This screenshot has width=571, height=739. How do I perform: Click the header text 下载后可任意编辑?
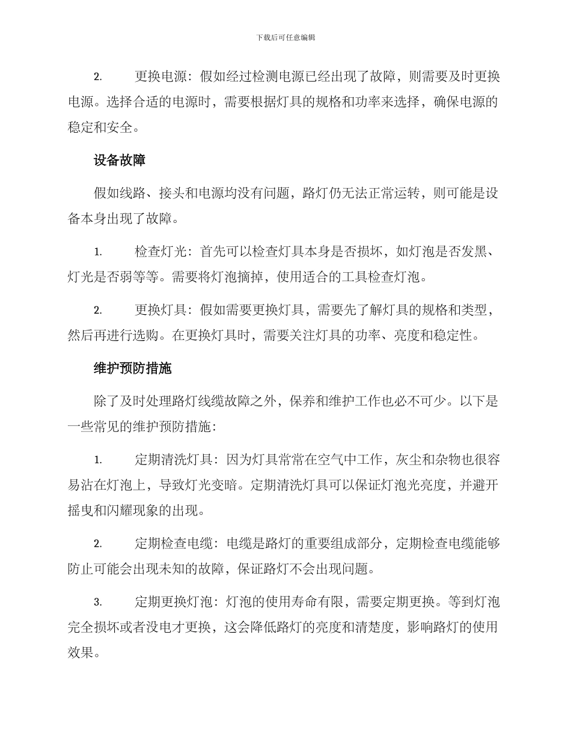click(x=285, y=37)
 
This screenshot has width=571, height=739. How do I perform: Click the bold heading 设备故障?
click(x=120, y=160)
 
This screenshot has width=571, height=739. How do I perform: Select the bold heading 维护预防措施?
click(x=132, y=368)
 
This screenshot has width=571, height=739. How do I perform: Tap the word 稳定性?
click(x=459, y=336)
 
